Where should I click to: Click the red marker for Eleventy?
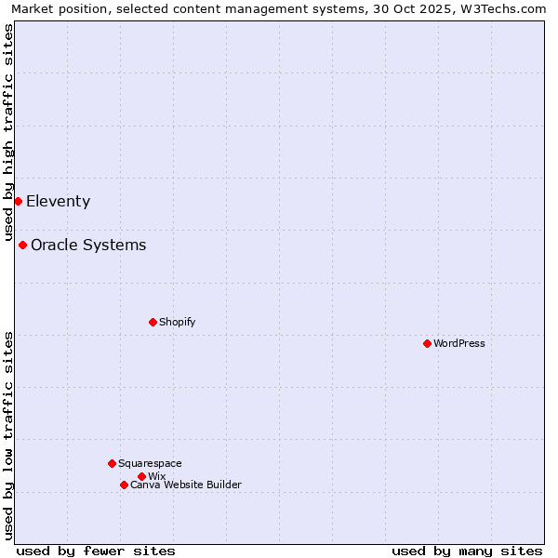click(18, 201)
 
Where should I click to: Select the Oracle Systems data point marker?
click(22, 245)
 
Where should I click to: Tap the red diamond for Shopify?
click(153, 322)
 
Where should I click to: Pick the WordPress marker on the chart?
click(427, 343)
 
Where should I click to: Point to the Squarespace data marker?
click(112, 463)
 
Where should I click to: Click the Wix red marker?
click(141, 476)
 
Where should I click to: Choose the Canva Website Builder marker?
click(124, 485)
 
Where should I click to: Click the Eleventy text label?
click(58, 201)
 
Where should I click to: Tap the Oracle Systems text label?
click(88, 245)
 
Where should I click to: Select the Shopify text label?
click(177, 322)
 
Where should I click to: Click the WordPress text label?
click(459, 343)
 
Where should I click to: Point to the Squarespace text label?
click(150, 463)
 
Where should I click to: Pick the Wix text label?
click(156, 476)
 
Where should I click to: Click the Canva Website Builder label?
click(185, 485)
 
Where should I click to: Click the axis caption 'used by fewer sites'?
click(96, 551)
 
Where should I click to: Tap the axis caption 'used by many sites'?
click(467, 551)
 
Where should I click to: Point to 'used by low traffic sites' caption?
click(8, 435)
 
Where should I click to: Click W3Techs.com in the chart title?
click(503, 8)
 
